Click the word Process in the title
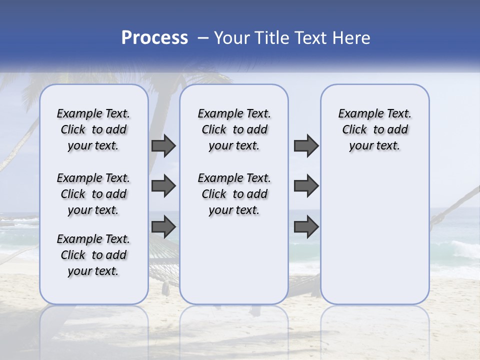[154, 38]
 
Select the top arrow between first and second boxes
[163, 146]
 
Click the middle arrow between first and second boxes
[163, 186]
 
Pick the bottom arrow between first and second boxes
[163, 227]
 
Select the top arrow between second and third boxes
[306, 146]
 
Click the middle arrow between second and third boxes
[306, 186]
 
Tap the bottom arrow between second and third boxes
[306, 227]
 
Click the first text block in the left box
[93, 129]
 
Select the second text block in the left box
[93, 194]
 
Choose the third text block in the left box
[93, 255]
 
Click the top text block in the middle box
[234, 129]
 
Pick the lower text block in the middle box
[234, 194]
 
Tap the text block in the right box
[374, 129]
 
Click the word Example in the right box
[356, 114]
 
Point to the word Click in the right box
[354, 130]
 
